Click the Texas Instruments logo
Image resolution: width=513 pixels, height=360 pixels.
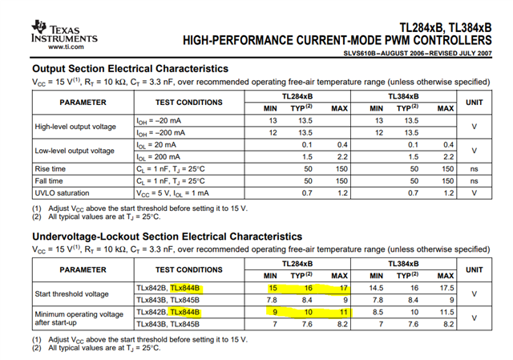(60, 31)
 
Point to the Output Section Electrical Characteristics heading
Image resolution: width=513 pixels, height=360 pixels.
(130, 69)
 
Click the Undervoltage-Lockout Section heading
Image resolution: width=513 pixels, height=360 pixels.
(167, 237)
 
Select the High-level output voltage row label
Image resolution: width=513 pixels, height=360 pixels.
(76, 127)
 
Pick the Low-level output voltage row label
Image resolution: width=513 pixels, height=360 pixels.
(75, 151)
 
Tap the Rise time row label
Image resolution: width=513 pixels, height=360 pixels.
(51, 168)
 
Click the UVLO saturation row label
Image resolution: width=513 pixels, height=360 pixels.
(63, 193)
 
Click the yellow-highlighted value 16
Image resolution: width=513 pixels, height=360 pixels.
(307, 287)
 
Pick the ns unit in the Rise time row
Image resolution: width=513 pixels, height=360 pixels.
(475, 168)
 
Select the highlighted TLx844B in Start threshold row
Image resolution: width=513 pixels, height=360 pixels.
(185, 287)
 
